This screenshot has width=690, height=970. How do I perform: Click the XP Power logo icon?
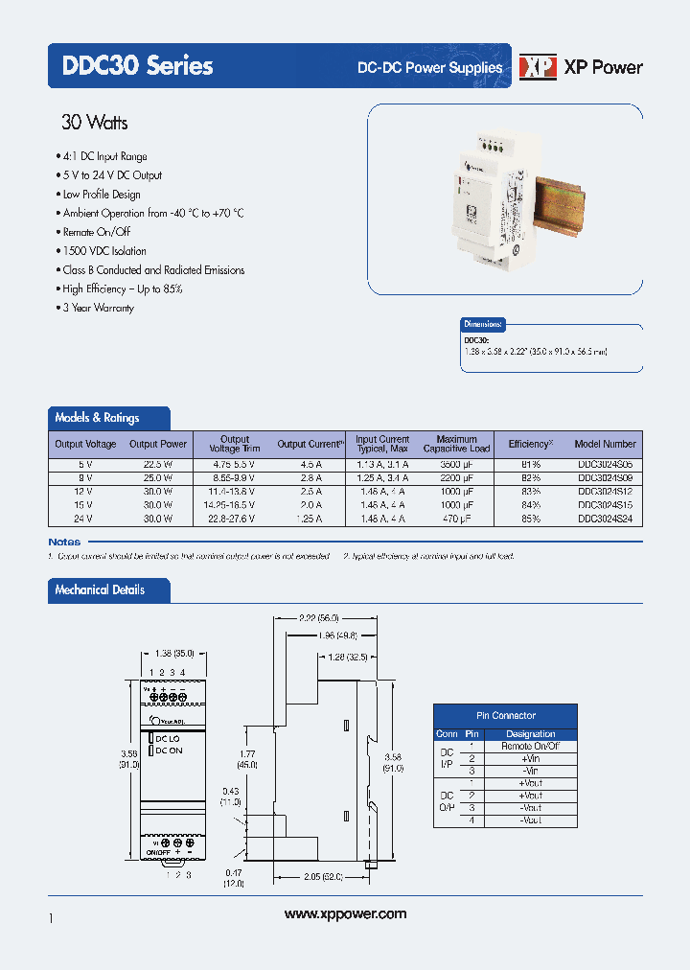(x=538, y=66)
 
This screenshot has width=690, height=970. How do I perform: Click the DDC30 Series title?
(x=137, y=66)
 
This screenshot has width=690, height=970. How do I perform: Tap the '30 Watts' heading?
(x=94, y=123)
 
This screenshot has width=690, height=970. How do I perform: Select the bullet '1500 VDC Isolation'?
(x=104, y=251)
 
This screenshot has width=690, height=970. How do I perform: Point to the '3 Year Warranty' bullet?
(x=98, y=308)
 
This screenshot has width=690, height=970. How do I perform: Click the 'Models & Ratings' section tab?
(x=98, y=418)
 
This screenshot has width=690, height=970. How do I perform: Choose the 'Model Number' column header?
(x=606, y=444)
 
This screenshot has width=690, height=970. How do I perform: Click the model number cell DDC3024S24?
(x=606, y=518)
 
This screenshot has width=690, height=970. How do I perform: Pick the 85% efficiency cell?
(x=530, y=518)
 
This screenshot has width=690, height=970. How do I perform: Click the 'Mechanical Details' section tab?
(x=101, y=590)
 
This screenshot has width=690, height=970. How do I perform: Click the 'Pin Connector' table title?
(x=506, y=715)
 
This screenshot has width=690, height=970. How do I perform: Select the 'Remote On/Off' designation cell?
(x=530, y=746)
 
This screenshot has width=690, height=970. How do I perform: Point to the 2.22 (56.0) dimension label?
(x=318, y=618)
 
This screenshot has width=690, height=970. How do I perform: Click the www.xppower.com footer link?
(x=346, y=914)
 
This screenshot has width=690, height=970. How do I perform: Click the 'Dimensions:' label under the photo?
(x=484, y=325)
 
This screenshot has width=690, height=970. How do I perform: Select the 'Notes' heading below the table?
(x=65, y=542)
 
